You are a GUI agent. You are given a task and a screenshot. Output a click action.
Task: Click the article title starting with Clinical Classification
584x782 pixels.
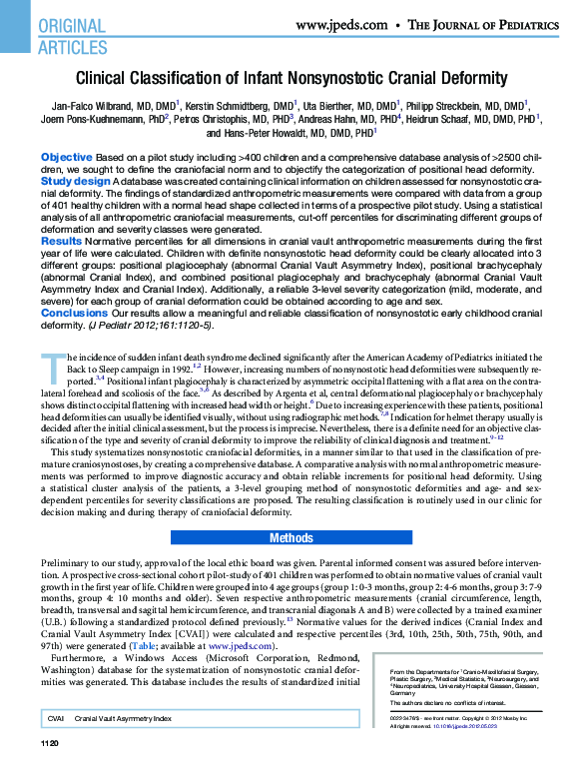click(292, 78)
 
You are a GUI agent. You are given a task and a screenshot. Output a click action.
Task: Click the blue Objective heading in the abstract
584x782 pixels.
click(66, 159)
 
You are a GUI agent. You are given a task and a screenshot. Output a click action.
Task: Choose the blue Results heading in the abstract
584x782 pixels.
click(62, 241)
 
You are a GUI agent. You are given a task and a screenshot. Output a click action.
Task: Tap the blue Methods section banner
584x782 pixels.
click(292, 538)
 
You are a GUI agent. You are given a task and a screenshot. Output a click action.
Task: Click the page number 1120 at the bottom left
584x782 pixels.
click(50, 772)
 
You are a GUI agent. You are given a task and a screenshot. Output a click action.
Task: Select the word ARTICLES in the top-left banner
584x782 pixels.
click(72, 46)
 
